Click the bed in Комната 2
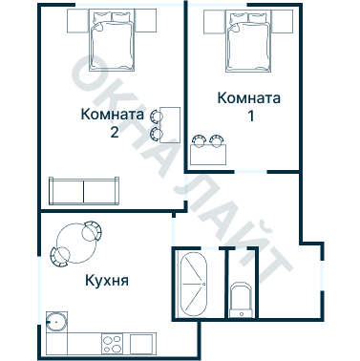tap(112, 40)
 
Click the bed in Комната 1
tap(248, 41)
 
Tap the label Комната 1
tap(249, 107)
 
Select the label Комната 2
tap(113, 122)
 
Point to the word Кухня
tap(107, 281)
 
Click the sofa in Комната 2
tap(84, 191)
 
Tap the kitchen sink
tap(56, 322)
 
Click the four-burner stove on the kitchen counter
tap(113, 344)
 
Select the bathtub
tap(194, 285)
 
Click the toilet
tap(241, 300)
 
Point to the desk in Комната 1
tap(208, 155)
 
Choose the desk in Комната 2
tap(170, 125)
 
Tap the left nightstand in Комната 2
tap(77, 21)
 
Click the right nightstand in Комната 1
tap(282, 21)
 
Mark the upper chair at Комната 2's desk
tap(156, 116)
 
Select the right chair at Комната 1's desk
tap(217, 140)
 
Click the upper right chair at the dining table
tap(93, 231)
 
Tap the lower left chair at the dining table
tap(59, 257)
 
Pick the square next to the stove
tap(141, 344)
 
